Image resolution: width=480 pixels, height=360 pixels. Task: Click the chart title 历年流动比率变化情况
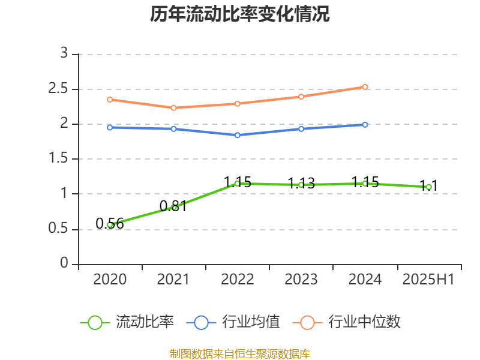point(240,14)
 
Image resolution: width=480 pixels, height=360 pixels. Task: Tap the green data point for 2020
point(110,225)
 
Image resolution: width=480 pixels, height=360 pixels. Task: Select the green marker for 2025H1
point(428,187)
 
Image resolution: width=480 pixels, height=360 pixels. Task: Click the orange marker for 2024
point(365,87)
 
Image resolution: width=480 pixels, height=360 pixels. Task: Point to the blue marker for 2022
point(238,136)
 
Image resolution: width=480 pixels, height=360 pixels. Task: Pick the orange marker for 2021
point(173,108)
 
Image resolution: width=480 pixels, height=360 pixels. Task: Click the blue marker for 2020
point(110,127)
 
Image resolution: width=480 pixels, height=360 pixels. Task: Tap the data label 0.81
point(173,206)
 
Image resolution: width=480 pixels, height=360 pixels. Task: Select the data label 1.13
point(301,184)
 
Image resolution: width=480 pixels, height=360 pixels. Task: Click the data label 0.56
point(110,224)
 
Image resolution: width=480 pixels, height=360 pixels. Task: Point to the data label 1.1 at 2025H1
point(428,185)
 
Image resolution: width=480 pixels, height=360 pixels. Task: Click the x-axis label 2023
point(301,280)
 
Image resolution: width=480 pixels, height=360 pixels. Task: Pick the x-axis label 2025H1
point(428,280)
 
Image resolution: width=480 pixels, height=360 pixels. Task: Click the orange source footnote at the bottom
point(240,353)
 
